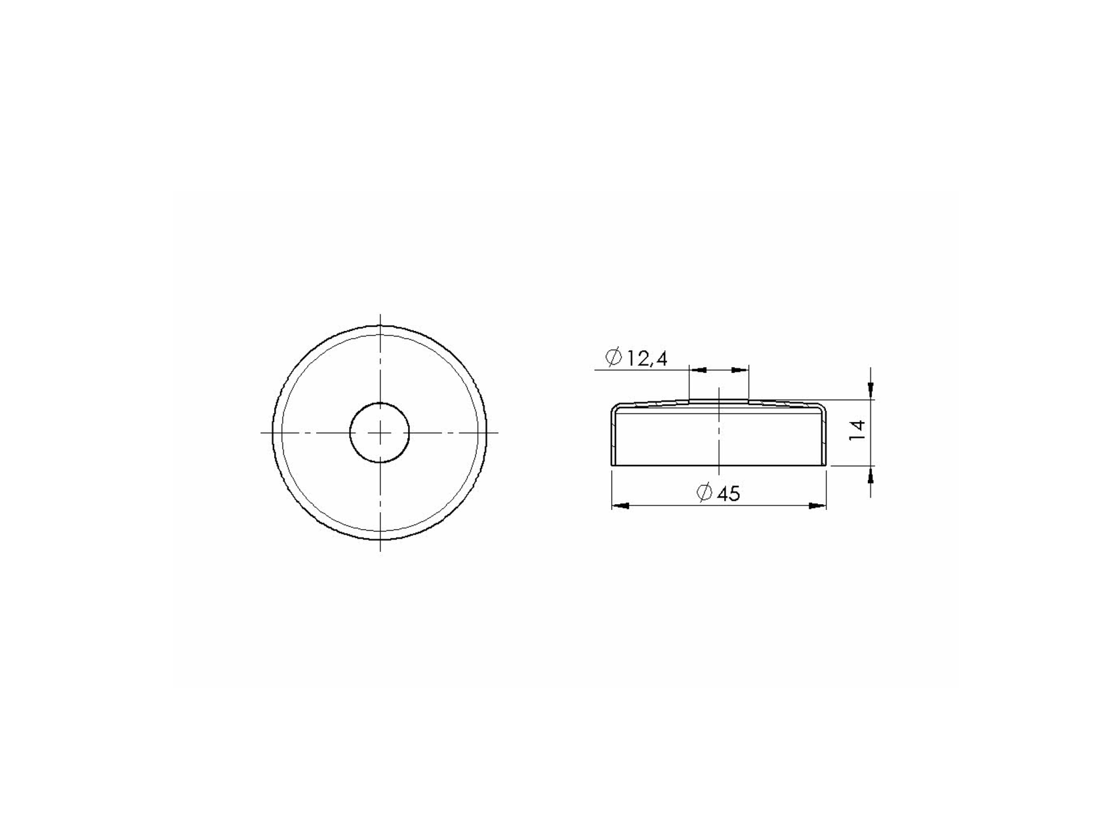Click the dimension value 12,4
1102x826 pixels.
647,359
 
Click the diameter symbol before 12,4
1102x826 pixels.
614,358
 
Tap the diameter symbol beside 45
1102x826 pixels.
704,492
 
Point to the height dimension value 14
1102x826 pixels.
859,430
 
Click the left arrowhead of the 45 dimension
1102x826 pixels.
620,505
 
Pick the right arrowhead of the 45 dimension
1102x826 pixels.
817,505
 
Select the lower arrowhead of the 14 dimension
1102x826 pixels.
870,474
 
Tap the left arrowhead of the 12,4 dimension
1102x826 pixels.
699,370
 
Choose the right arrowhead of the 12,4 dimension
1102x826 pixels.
740,370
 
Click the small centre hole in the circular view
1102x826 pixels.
380,432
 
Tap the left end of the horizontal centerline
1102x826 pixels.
262,432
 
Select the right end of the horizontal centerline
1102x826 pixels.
499,432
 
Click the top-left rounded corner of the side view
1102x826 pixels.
615,408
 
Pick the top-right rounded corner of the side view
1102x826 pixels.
823,408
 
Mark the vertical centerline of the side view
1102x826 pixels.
720,433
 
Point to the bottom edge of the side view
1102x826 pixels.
720,466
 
